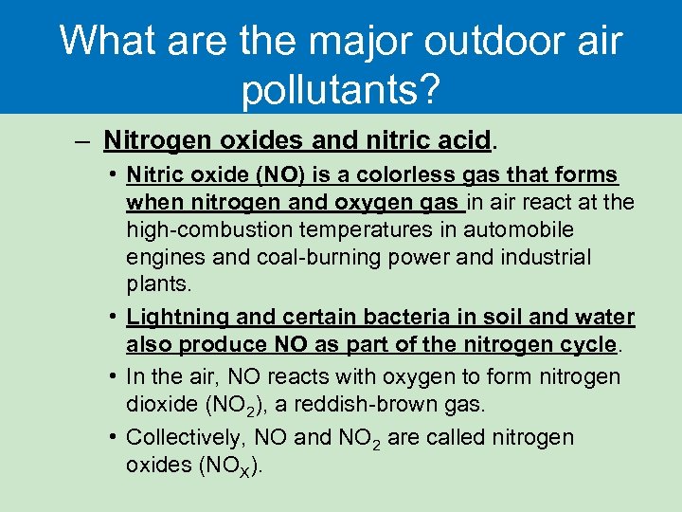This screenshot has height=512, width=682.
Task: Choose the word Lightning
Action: point(171,318)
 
